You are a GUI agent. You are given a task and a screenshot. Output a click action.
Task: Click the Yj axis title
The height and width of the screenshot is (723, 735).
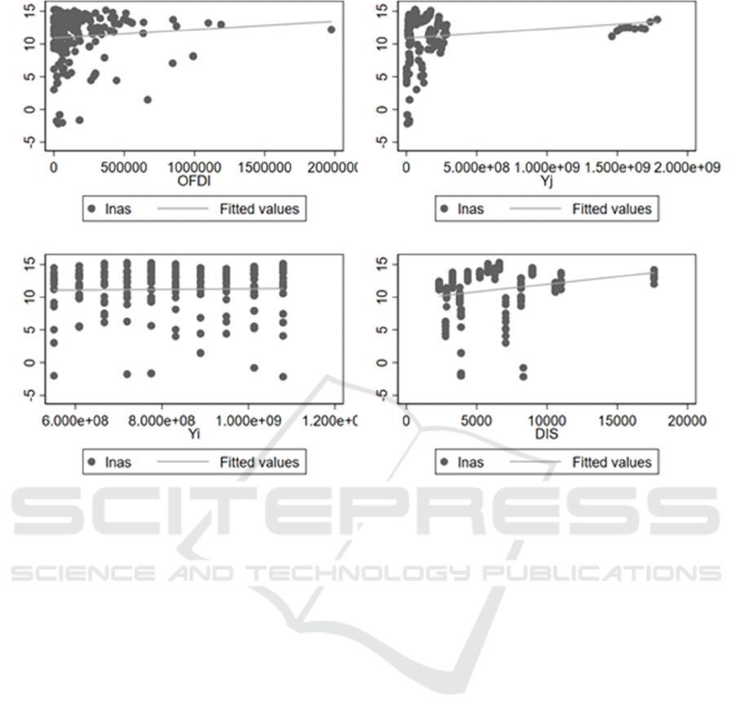(547, 180)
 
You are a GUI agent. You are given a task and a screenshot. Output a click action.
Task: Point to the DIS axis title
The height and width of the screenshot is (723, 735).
(547, 434)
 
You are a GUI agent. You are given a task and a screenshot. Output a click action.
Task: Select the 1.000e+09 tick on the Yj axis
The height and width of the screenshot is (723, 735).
(547, 167)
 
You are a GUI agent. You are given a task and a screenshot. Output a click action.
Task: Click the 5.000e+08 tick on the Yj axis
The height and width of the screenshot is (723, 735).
(476, 167)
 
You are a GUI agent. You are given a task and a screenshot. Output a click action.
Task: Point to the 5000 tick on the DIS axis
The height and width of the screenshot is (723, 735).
(476, 421)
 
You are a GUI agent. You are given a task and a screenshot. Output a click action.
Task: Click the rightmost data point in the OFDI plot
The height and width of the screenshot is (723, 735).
(330, 29)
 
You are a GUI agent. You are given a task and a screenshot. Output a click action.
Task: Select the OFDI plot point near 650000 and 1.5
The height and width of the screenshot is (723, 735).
(148, 99)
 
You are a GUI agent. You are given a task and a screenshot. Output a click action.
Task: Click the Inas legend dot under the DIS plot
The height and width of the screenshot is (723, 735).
(445, 462)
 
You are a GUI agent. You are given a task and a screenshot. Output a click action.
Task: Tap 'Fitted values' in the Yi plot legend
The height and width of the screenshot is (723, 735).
(259, 462)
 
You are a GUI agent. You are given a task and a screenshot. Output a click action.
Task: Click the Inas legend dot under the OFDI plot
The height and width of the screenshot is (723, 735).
(91, 209)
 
